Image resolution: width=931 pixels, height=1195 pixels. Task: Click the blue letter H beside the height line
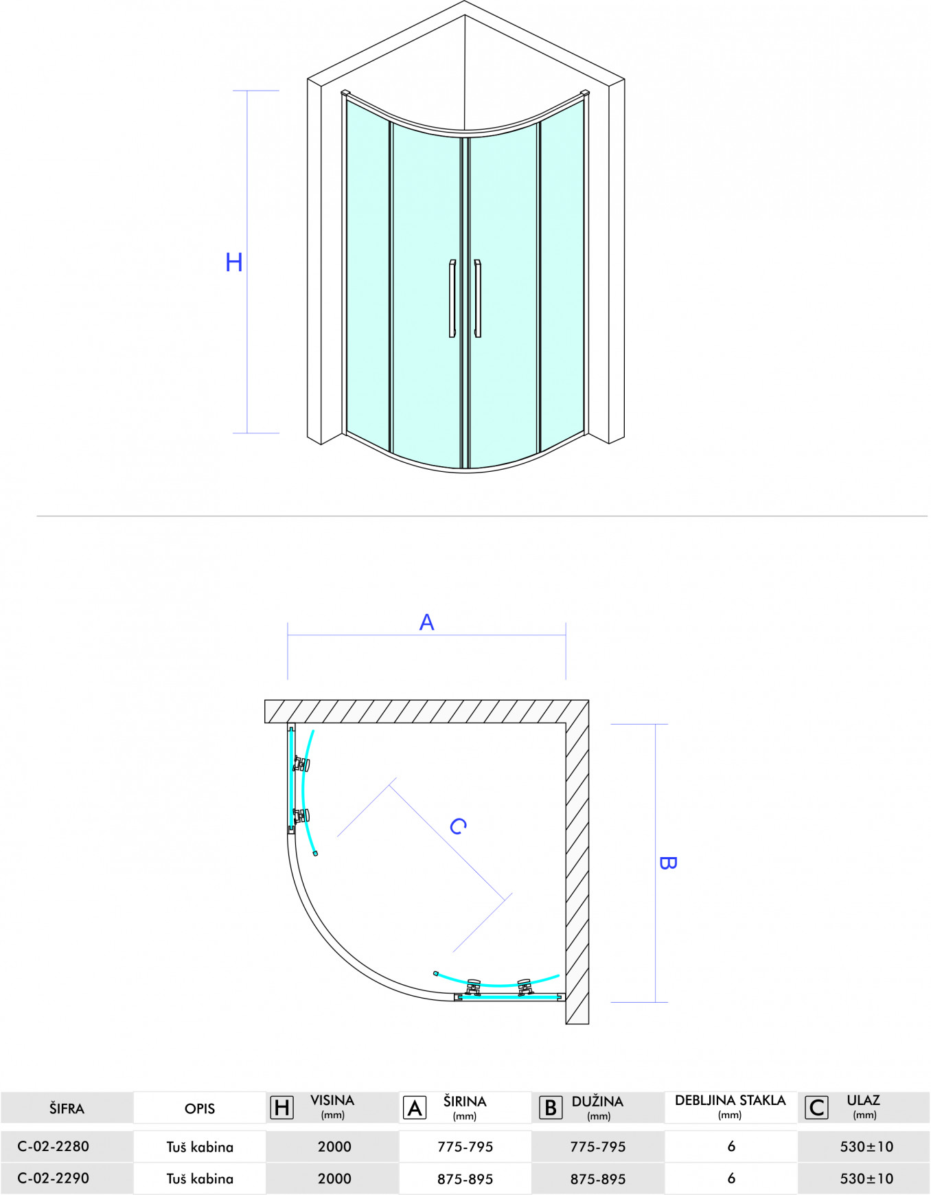234,262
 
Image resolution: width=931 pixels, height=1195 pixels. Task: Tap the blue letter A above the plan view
426,622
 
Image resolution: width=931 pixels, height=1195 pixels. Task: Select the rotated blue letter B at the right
667,863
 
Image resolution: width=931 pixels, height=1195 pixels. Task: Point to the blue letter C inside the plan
458,826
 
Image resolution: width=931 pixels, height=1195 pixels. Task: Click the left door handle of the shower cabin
452,299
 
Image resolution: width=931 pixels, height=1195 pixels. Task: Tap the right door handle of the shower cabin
478,299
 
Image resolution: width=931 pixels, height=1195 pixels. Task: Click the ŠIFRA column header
67,1108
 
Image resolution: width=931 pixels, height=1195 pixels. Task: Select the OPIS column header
200,1108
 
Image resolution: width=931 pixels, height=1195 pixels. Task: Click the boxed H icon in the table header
281,1107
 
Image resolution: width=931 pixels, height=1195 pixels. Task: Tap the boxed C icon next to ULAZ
816,1107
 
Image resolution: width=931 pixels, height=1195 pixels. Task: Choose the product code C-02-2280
54,1146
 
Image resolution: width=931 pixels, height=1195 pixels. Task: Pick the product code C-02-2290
54,1179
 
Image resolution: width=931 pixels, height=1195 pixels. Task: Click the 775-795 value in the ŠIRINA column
466,1147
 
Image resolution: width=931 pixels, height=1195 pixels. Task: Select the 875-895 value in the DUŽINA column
598,1179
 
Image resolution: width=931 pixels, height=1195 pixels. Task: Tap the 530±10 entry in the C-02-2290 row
867,1179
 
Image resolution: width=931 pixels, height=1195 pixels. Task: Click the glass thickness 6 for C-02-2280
731,1146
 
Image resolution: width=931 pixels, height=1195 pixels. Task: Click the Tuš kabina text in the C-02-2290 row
200,1179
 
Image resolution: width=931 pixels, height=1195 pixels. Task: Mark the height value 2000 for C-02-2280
334,1146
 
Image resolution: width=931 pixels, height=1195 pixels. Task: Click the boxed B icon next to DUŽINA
551,1107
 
